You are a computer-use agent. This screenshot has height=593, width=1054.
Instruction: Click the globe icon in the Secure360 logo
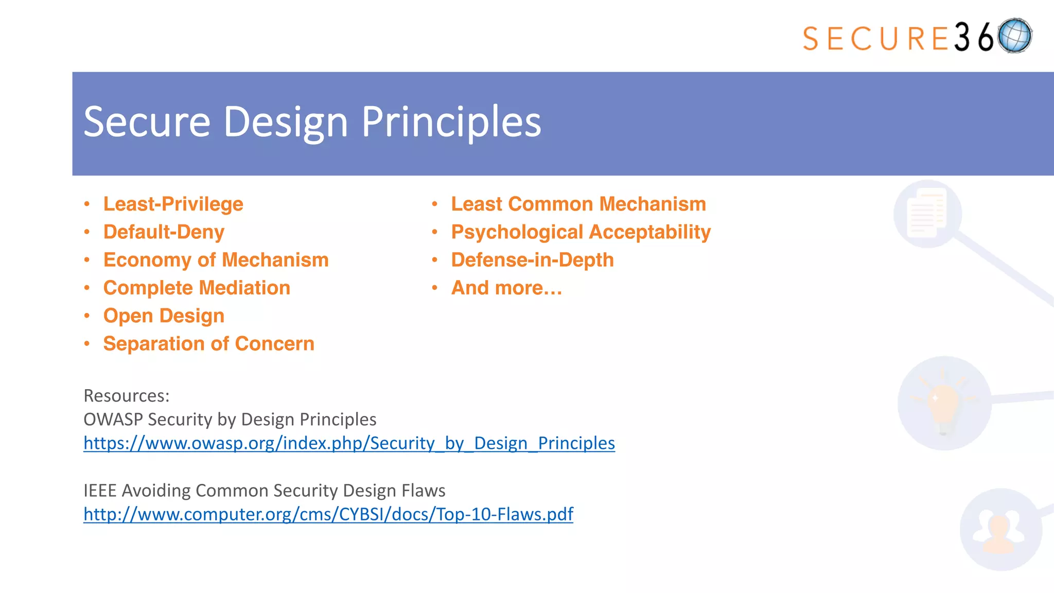click(1014, 36)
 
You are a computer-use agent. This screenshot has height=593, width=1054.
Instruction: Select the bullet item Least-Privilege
click(173, 204)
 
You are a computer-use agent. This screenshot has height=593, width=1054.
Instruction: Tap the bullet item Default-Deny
click(164, 232)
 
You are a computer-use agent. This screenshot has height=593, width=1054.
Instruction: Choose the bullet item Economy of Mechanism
click(216, 260)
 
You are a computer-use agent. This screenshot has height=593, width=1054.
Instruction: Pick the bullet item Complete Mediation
click(197, 288)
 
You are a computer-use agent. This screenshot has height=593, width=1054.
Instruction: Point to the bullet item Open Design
click(164, 316)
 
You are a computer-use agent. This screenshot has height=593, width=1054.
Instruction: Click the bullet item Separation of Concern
click(208, 344)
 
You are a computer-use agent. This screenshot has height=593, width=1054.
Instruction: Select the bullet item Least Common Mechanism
click(578, 204)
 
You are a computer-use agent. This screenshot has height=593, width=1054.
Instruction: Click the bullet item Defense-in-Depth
click(532, 260)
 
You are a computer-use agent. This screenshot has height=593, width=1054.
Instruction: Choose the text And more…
click(506, 288)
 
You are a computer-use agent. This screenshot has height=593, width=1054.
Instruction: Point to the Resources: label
click(126, 396)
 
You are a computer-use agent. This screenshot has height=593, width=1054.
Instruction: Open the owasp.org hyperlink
click(349, 443)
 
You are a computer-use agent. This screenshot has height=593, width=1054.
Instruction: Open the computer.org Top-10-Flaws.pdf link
click(328, 514)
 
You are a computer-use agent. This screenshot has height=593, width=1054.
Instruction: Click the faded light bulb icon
click(944, 403)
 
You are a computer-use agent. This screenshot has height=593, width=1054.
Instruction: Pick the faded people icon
click(1000, 530)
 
